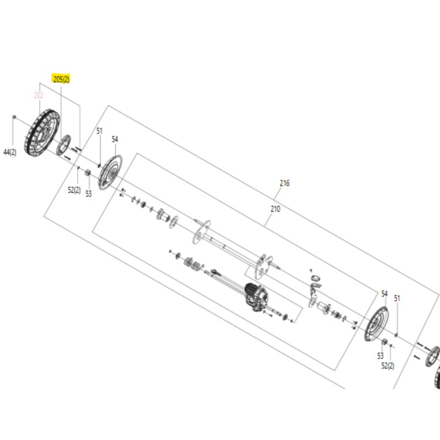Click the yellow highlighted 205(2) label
coord(61,79)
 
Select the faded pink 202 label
coord(38,95)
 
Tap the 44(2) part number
coord(10,152)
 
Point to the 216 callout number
coord(284,183)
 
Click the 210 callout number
coord(276,209)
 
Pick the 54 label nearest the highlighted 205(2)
coord(115,139)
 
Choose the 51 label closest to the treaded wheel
coord(100,131)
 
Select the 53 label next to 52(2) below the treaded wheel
coord(89,194)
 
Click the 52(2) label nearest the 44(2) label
coord(74,190)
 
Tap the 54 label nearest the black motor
coord(384,294)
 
